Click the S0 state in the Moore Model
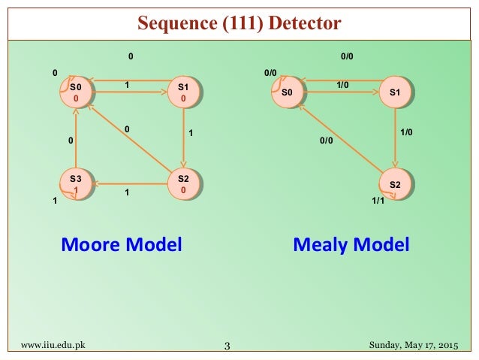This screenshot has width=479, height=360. tap(75, 92)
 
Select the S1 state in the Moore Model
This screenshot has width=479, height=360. tap(183, 92)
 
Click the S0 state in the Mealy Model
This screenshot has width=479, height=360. tap(287, 92)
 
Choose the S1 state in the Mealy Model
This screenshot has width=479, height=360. tap(395, 92)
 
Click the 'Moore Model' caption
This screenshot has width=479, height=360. tap(122, 244)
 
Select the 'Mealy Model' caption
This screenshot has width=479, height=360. tap(351, 244)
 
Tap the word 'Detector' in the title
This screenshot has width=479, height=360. tap(302, 23)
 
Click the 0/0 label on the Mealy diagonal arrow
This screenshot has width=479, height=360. tap(325, 140)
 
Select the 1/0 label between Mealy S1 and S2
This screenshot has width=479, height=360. tap(406, 132)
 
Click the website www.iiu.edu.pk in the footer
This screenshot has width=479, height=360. tap(53, 345)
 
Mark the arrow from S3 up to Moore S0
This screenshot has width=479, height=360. tap(74, 139)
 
